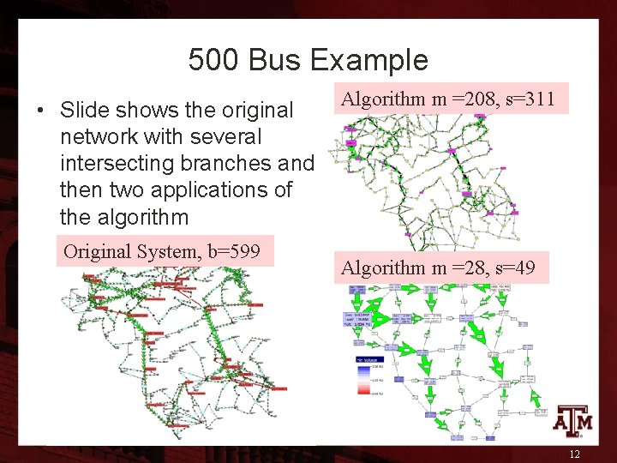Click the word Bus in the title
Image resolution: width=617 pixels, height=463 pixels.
coord(277,60)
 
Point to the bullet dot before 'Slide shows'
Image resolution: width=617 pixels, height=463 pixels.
coord(39,111)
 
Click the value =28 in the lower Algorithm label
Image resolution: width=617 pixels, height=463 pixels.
coord(468,268)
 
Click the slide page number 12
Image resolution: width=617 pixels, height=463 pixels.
coord(574,454)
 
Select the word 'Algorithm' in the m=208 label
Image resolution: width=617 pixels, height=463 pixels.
coord(385,99)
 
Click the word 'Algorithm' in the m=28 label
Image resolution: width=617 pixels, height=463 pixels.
coord(385,268)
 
